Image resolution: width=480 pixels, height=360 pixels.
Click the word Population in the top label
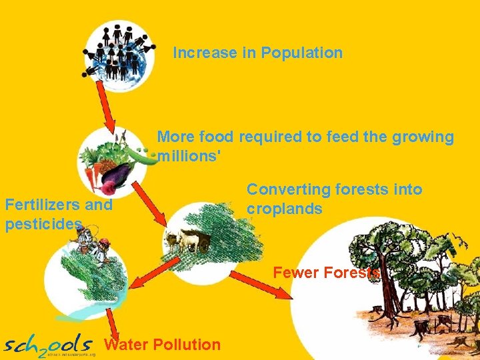tap(301, 53)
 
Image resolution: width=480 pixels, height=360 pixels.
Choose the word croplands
tap(285, 209)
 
